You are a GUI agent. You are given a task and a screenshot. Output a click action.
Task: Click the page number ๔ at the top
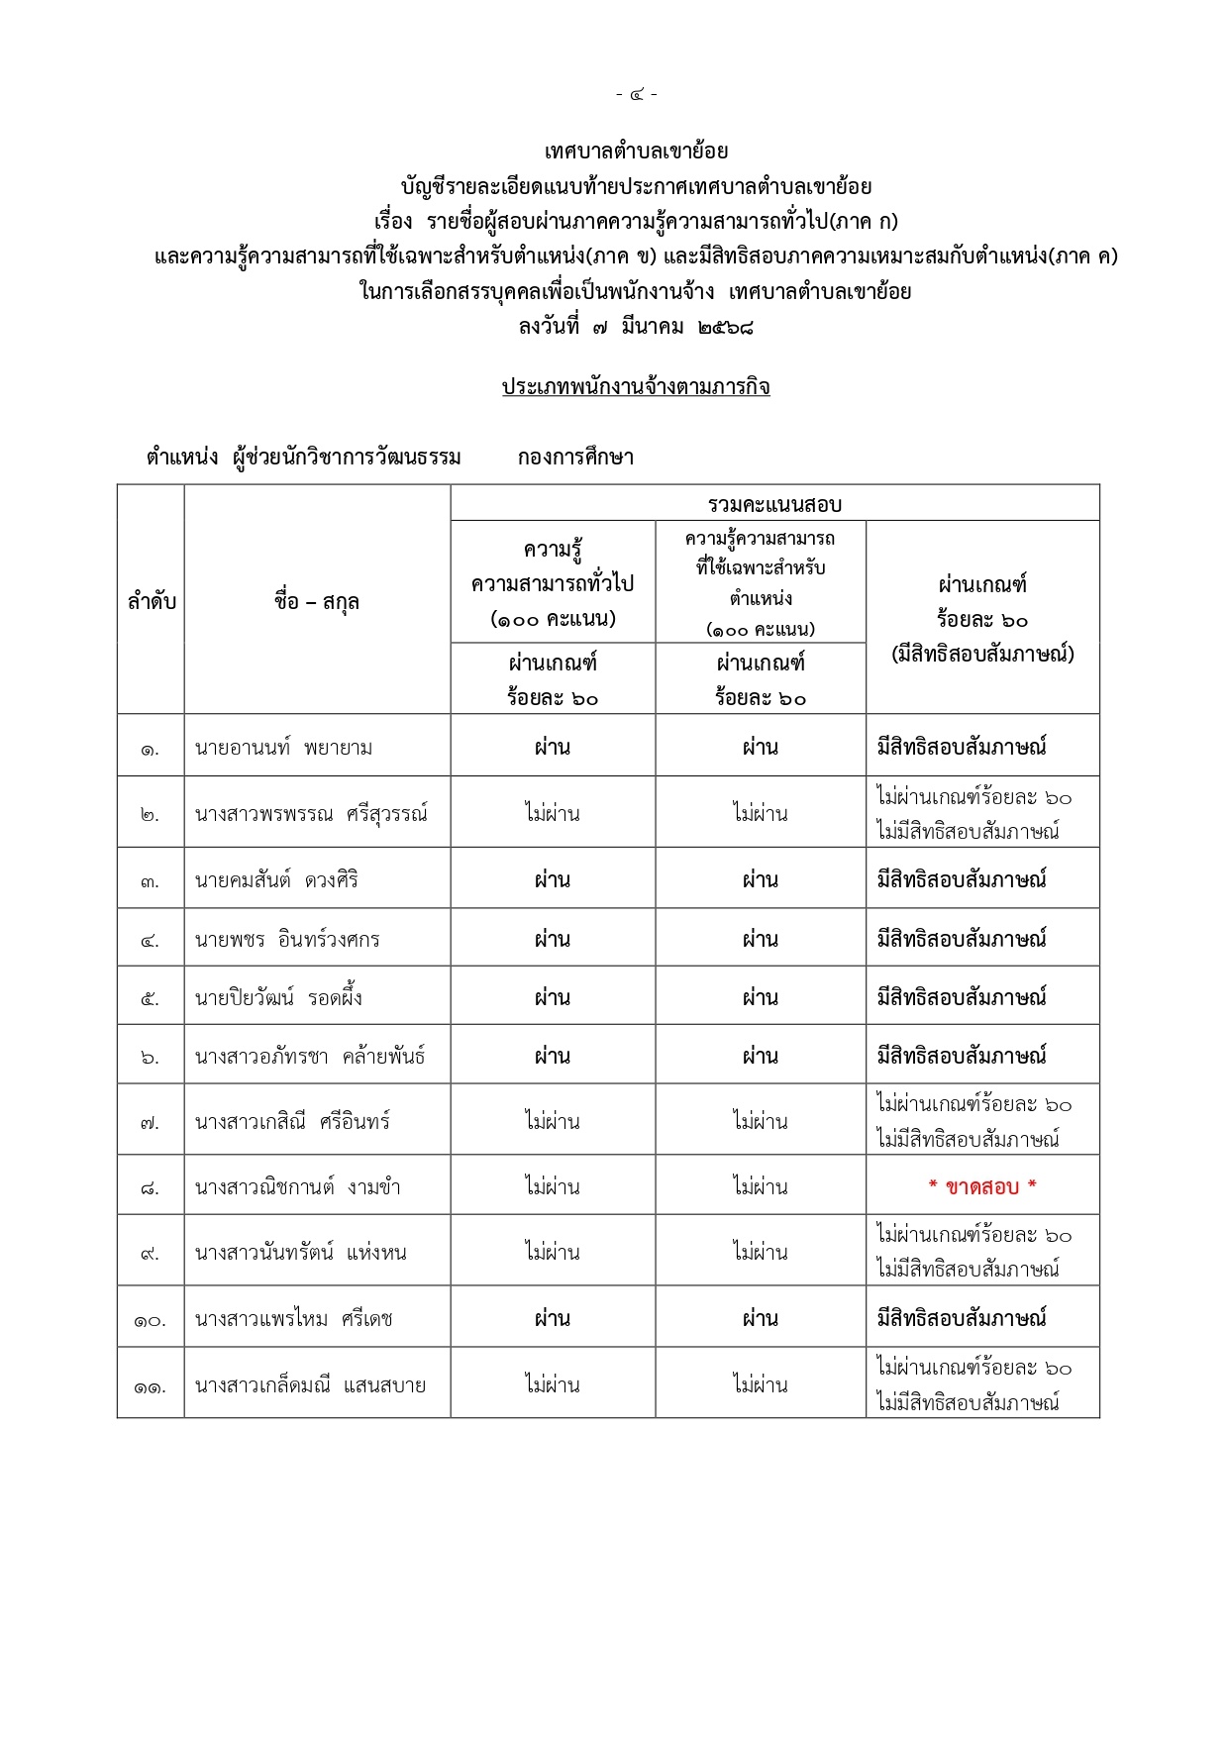pyautogui.click(x=636, y=95)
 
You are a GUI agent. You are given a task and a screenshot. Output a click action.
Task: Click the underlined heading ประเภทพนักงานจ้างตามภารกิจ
pyautogui.click(x=636, y=386)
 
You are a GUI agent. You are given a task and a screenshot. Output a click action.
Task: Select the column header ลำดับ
pyautogui.click(x=152, y=601)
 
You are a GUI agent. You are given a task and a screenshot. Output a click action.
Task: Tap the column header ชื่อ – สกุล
pyautogui.click(x=317, y=601)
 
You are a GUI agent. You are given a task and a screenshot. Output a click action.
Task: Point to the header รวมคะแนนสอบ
pyautogui.click(x=774, y=504)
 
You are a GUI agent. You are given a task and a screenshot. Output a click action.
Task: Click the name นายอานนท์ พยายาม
pyautogui.click(x=284, y=748)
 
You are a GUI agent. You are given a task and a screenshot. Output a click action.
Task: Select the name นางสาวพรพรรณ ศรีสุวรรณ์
pyautogui.click(x=311, y=814)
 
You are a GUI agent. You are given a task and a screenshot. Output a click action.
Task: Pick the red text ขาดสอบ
pyautogui.click(x=982, y=1186)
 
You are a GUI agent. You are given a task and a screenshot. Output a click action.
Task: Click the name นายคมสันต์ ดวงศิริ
pyautogui.click(x=276, y=879)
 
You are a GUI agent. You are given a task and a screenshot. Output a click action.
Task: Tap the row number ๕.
pyautogui.click(x=150, y=998)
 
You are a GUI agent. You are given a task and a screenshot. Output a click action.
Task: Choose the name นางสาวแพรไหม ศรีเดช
pyautogui.click(x=294, y=1319)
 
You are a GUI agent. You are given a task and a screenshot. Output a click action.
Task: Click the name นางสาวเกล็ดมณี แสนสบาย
pyautogui.click(x=310, y=1385)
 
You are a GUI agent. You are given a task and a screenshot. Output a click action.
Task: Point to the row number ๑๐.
pyautogui.click(x=150, y=1320)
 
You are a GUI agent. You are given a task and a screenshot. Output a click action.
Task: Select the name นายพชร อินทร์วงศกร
pyautogui.click(x=287, y=939)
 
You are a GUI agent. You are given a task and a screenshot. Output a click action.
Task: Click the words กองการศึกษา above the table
pyautogui.click(x=575, y=458)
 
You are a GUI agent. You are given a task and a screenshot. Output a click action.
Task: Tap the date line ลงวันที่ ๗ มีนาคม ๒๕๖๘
pyautogui.click(x=636, y=326)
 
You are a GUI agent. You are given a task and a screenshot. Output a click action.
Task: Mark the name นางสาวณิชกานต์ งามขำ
pyautogui.click(x=297, y=1186)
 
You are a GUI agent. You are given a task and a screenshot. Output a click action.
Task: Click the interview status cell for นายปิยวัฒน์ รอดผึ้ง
pyautogui.click(x=962, y=997)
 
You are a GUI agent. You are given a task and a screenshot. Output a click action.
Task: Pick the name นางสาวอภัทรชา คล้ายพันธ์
pyautogui.click(x=310, y=1057)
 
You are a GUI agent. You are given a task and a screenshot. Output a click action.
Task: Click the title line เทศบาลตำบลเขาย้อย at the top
pyautogui.click(x=636, y=152)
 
